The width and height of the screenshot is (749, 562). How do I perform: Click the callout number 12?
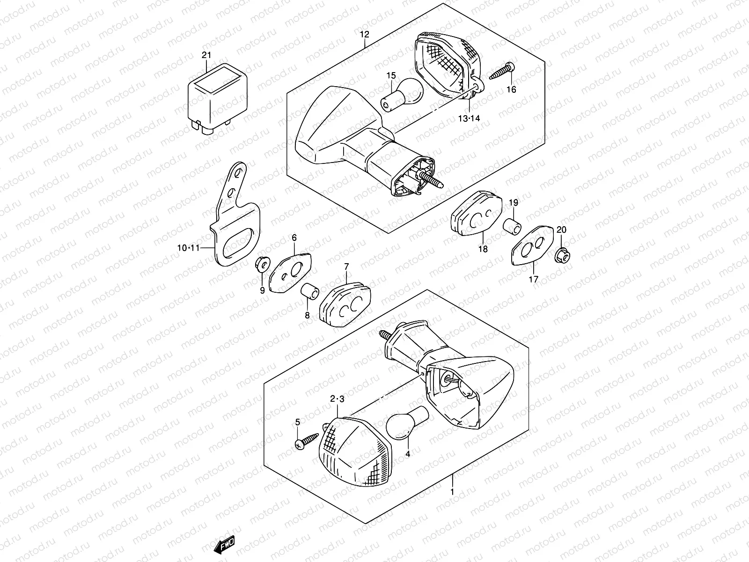click(x=365, y=34)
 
